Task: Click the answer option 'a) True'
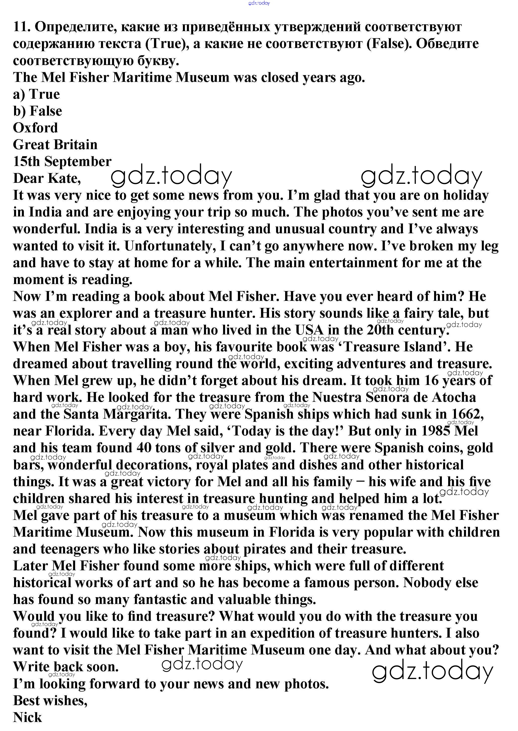click(x=36, y=94)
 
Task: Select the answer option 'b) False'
click(x=38, y=111)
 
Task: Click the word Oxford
click(x=35, y=128)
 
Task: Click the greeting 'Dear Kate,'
click(x=47, y=179)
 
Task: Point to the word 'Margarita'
click(x=136, y=414)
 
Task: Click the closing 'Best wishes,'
click(x=50, y=701)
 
